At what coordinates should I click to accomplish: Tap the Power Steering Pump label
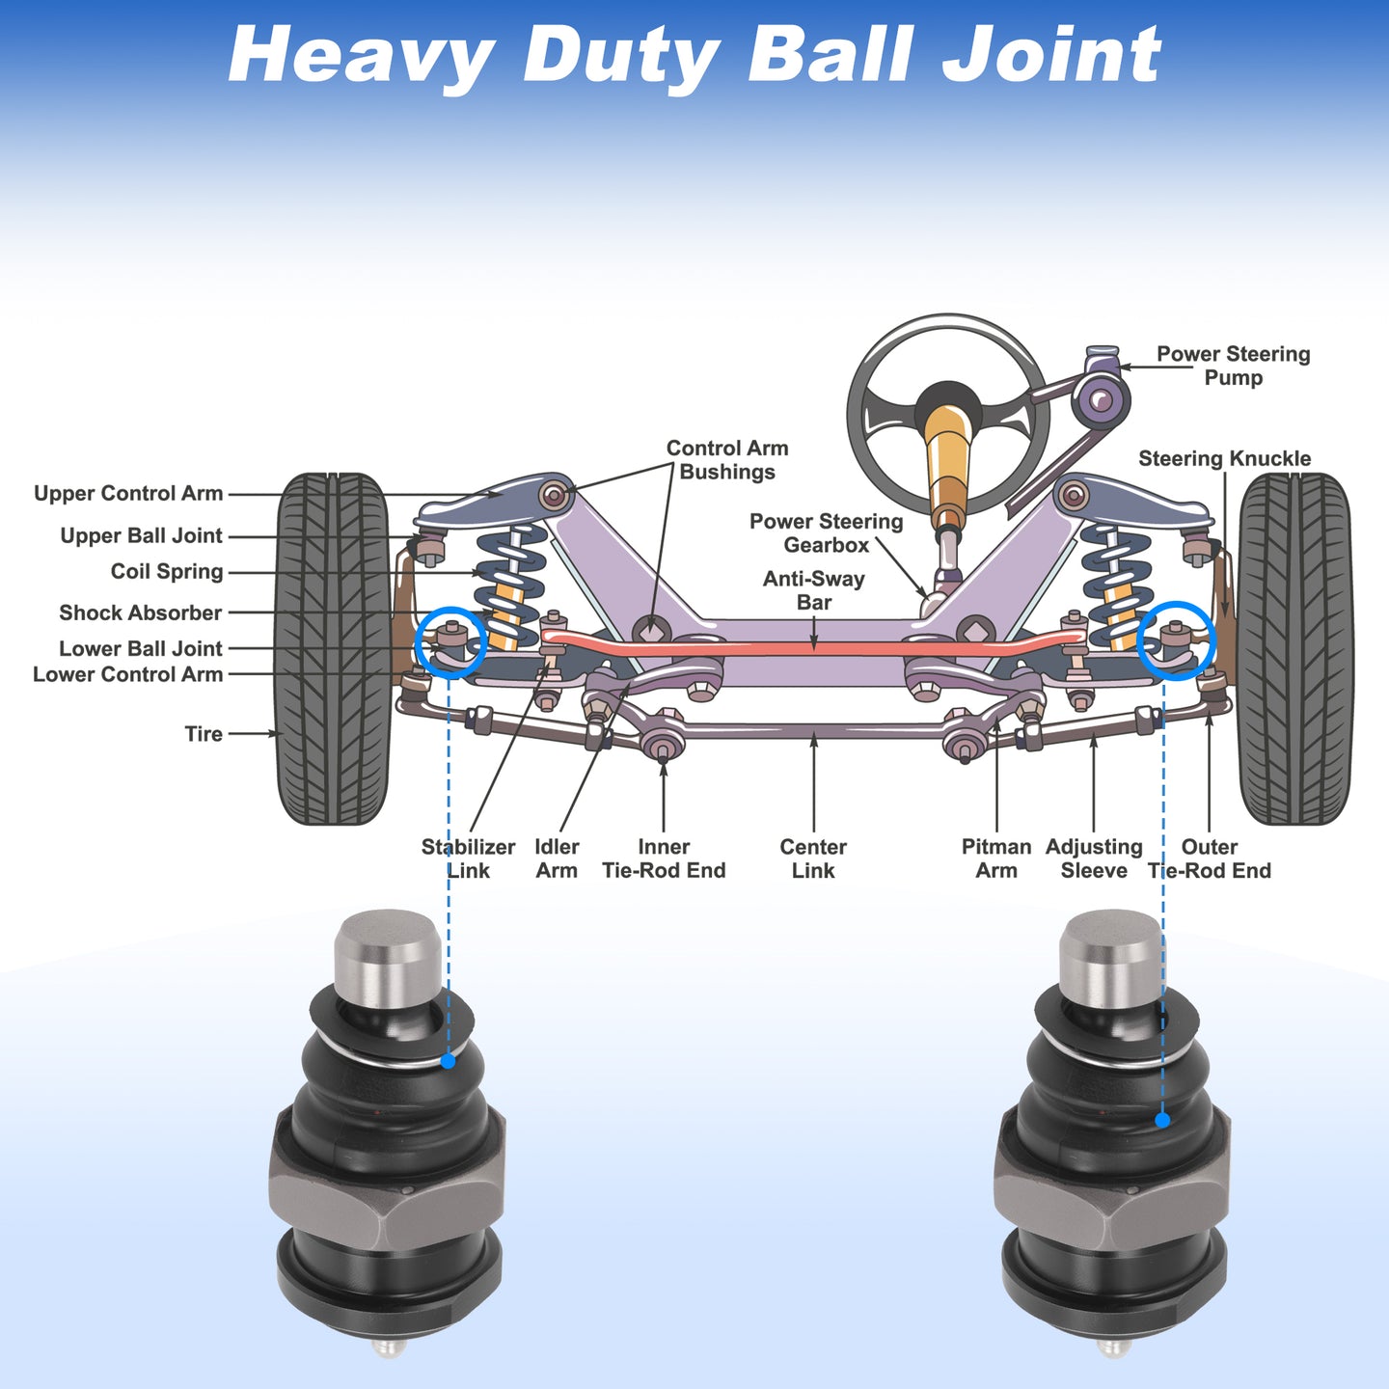pyautogui.click(x=1233, y=366)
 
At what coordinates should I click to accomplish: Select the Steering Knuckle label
pyautogui.click(x=1224, y=458)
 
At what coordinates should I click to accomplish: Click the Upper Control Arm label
pyautogui.click(x=128, y=493)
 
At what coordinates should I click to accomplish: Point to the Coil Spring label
pyautogui.click(x=167, y=571)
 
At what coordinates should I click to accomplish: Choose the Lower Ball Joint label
pyautogui.click(x=141, y=648)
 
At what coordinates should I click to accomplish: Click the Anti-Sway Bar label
pyautogui.click(x=814, y=590)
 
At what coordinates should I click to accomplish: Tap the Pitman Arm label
pyautogui.click(x=996, y=858)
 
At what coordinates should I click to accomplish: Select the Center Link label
pyautogui.click(x=813, y=858)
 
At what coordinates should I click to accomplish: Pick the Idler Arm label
pyautogui.click(x=557, y=858)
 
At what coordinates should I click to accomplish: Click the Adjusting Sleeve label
pyautogui.click(x=1094, y=858)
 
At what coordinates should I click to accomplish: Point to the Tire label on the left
pyautogui.click(x=204, y=734)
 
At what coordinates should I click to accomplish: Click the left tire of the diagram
pyautogui.click(x=333, y=649)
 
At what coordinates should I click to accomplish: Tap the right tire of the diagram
pyautogui.click(x=1294, y=649)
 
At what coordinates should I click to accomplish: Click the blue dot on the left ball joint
pyautogui.click(x=448, y=1060)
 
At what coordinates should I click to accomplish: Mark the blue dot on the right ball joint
pyautogui.click(x=1162, y=1120)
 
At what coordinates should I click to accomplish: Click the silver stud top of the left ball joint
pyautogui.click(x=389, y=958)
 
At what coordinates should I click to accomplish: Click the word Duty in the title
pyautogui.click(x=621, y=56)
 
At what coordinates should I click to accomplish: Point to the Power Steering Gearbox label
pyautogui.click(x=826, y=532)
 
